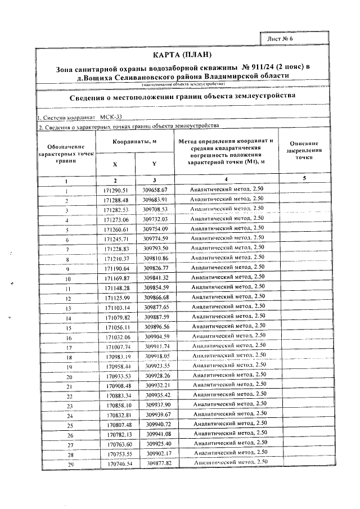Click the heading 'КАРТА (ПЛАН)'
tap(183, 55)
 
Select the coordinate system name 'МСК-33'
tap(111, 118)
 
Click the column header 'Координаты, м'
tap(134, 141)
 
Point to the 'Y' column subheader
tap(154, 164)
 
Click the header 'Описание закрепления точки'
tap(304, 151)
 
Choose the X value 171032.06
tap(118, 337)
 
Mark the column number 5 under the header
tap(304, 179)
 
